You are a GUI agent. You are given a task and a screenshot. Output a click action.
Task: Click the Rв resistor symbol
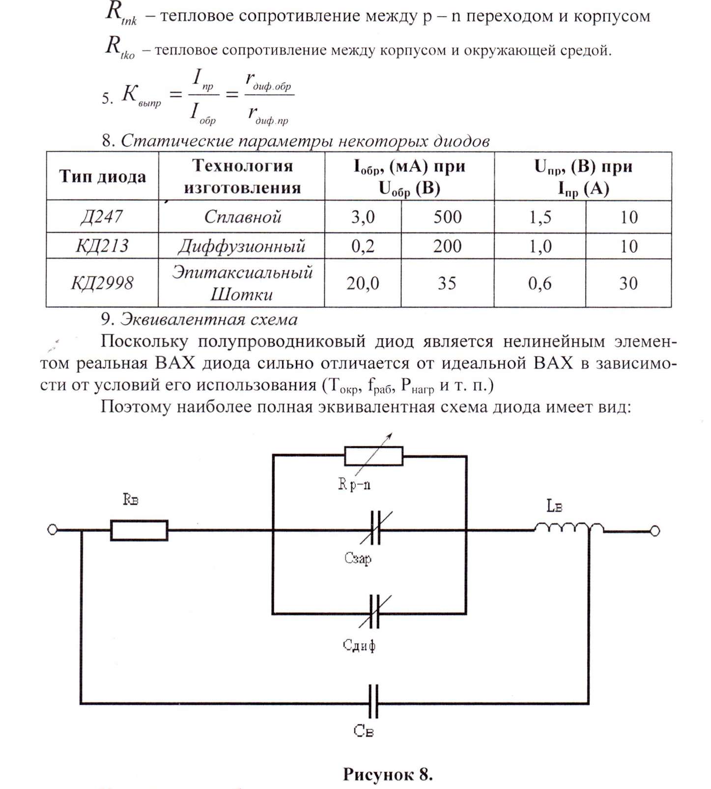(139, 530)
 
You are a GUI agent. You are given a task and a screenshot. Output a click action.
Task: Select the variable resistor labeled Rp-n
(373, 456)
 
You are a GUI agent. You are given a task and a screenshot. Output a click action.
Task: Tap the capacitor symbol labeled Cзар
(375, 528)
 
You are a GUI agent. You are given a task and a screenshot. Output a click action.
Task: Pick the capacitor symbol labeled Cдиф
(374, 612)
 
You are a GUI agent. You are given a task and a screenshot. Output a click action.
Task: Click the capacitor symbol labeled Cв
(373, 702)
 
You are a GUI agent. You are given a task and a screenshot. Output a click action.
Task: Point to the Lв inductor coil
(569, 527)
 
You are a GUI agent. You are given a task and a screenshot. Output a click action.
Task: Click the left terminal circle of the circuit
(52, 530)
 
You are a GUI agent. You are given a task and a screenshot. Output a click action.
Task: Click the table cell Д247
(102, 217)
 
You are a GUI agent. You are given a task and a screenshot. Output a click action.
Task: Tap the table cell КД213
(102, 245)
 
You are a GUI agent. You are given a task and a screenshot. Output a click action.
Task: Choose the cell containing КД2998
(102, 283)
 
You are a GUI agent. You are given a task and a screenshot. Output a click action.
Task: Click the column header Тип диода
(102, 176)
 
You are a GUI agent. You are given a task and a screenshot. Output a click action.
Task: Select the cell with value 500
(447, 217)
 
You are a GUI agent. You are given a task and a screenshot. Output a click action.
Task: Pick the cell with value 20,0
(363, 283)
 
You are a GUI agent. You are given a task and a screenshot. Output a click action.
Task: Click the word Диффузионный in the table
(241, 245)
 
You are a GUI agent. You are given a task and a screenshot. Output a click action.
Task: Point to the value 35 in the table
(447, 283)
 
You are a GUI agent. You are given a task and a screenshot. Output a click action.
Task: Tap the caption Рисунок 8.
(388, 774)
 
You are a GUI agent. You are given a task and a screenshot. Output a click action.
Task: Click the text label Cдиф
(359, 645)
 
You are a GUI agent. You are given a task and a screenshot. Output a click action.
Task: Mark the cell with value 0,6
(540, 283)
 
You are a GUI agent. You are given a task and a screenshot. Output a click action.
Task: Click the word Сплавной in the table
(242, 217)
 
